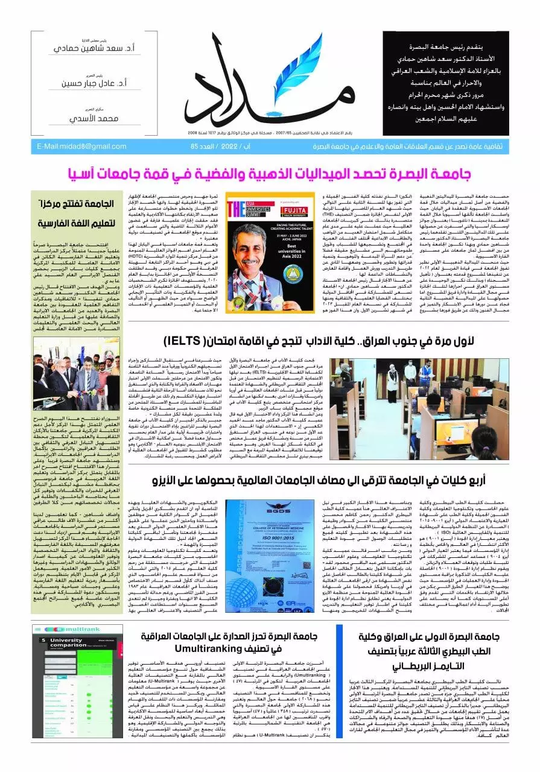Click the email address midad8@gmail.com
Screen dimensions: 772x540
[x=82, y=146]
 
